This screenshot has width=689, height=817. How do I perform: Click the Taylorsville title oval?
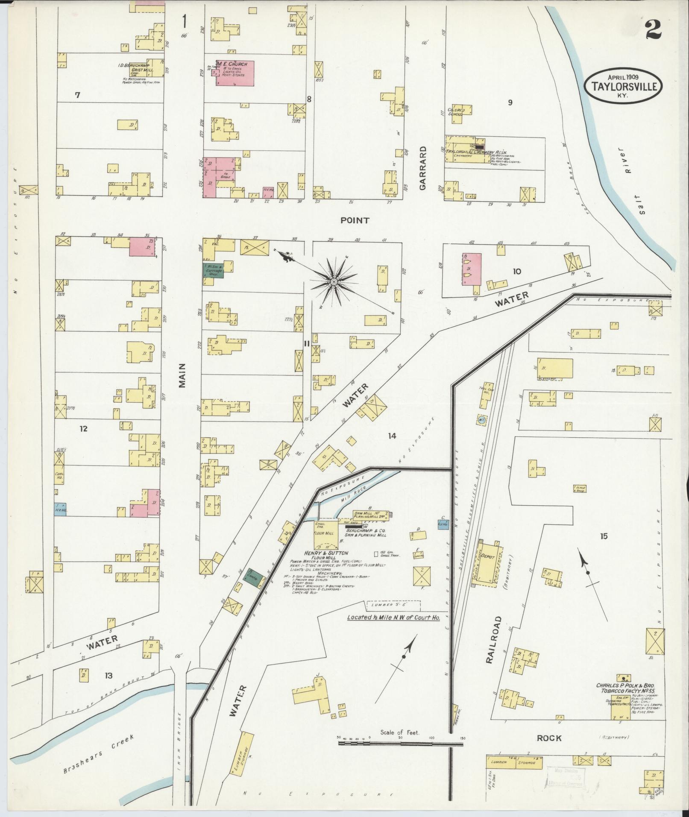tap(623, 85)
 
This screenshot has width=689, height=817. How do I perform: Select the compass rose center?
tap(334, 282)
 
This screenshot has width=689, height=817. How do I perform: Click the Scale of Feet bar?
tap(400, 744)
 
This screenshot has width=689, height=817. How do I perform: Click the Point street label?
tap(355, 220)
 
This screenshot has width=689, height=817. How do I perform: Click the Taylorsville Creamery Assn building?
tap(467, 149)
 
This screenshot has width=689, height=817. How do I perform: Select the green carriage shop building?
tap(213, 271)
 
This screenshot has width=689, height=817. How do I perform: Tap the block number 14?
tap(392, 436)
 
